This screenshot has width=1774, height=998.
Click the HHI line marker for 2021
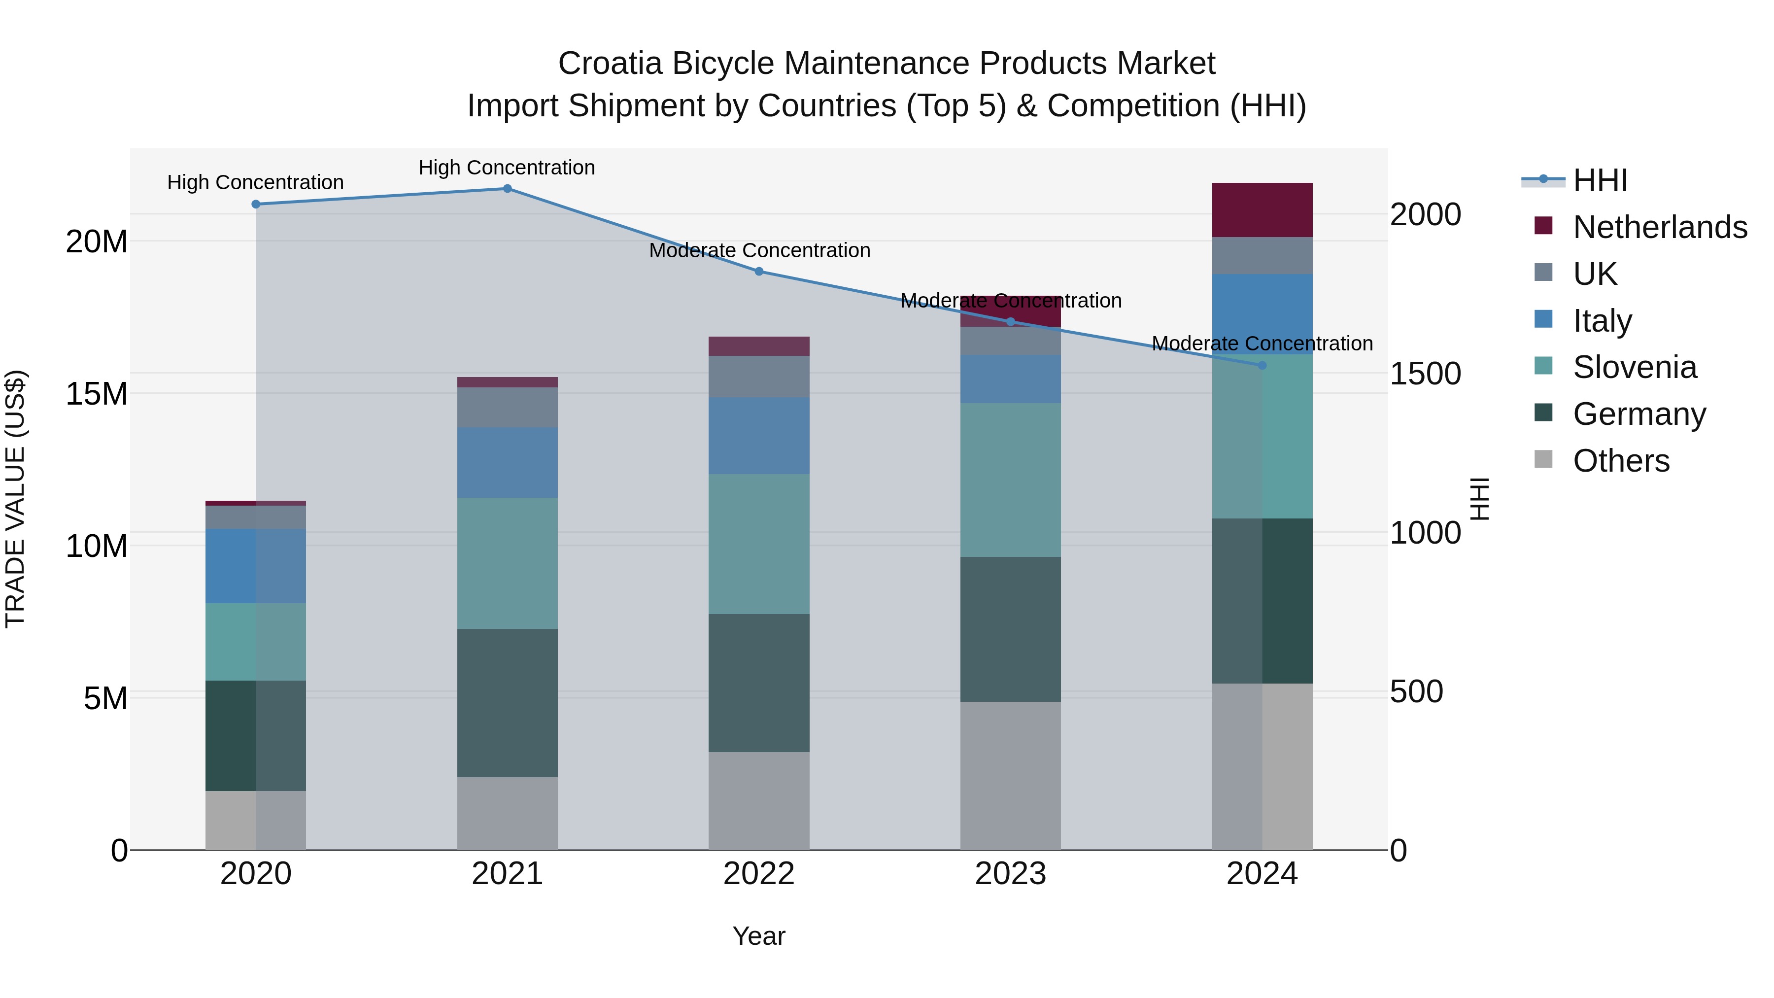pos(507,189)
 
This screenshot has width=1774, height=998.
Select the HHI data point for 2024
pos(1262,366)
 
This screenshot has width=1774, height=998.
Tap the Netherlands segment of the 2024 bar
pos(1262,210)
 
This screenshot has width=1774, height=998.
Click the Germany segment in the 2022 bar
pos(759,683)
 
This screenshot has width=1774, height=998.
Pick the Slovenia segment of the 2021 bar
pos(507,563)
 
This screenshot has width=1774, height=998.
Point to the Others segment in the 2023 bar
pos(1010,776)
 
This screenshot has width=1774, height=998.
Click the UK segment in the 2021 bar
pos(507,407)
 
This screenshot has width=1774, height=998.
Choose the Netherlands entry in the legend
pos(1660,227)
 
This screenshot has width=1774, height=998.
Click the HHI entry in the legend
pos(1600,180)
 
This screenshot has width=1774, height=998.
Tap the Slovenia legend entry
pos(1634,367)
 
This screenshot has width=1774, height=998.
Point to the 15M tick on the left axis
pos(97,394)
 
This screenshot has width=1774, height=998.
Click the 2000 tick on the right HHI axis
pos(1425,214)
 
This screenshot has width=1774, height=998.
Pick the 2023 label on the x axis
pos(1010,874)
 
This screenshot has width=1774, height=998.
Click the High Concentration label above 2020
pos(255,182)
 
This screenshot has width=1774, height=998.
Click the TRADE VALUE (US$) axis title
pos(15,499)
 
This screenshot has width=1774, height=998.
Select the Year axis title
pos(759,936)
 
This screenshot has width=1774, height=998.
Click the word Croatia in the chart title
pos(610,64)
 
